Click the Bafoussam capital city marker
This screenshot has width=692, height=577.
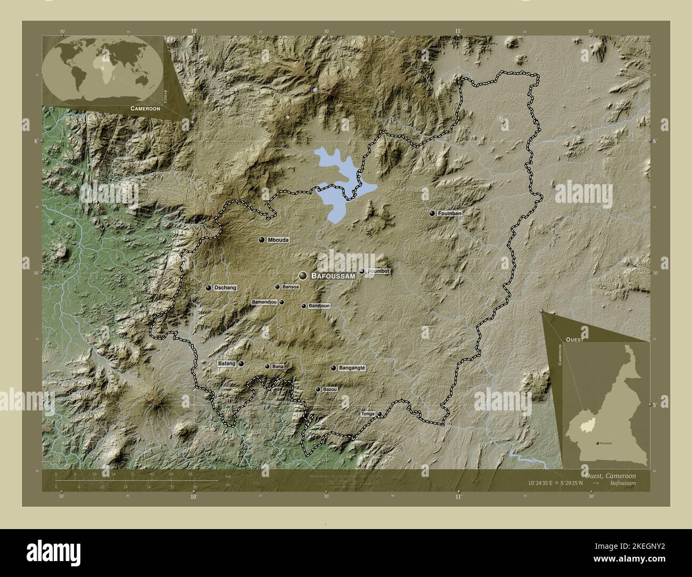pyautogui.click(x=303, y=275)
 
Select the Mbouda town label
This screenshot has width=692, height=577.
pyautogui.click(x=279, y=240)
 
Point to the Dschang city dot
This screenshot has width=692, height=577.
pyautogui.click(x=209, y=287)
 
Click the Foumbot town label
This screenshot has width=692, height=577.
pyautogui.click(x=379, y=271)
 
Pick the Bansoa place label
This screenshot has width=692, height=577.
pyautogui.click(x=291, y=287)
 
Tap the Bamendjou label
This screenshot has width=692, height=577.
pyautogui.click(x=264, y=302)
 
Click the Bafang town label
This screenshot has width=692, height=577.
pyautogui.click(x=226, y=364)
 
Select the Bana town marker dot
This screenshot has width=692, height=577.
pyautogui.click(x=267, y=366)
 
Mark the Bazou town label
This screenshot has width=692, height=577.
pyautogui.click(x=330, y=390)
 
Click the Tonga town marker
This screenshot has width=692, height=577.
pyautogui.click(x=380, y=414)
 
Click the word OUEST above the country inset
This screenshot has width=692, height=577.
pyautogui.click(x=575, y=339)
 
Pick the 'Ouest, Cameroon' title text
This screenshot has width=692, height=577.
pyautogui.click(x=608, y=475)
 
